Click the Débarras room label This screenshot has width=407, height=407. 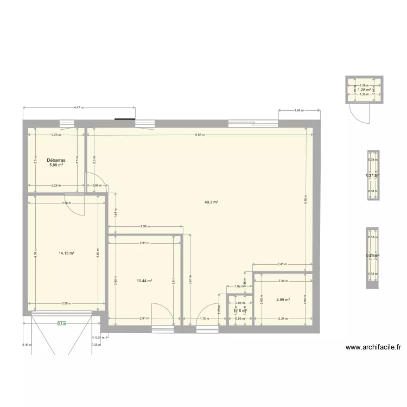click(56, 161)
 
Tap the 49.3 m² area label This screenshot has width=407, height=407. click(211, 202)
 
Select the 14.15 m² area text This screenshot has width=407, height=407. click(66, 253)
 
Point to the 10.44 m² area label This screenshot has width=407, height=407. click(144, 281)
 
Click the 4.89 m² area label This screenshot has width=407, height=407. click(283, 300)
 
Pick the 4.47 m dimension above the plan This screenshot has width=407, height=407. click(79, 108)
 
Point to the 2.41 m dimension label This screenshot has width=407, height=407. click(282, 264)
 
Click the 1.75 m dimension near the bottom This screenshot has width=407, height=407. click(204, 319)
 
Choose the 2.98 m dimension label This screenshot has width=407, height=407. click(144, 226)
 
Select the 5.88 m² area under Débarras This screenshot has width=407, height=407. click(56, 166)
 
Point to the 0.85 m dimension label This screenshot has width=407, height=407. click(96, 186)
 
